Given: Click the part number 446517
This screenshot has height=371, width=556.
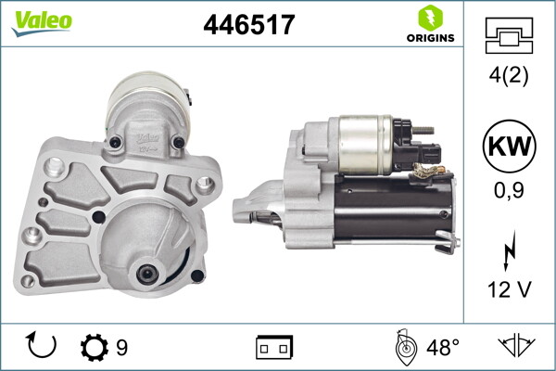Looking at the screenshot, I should click(248, 25).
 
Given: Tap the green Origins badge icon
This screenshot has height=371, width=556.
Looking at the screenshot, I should click(429, 18).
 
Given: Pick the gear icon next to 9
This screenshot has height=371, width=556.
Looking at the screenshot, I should click(95, 348).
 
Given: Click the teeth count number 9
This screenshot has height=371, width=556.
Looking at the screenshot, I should click(121, 349).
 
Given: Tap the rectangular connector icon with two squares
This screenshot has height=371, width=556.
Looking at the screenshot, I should click(274, 348).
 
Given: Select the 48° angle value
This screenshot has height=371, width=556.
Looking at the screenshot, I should click(442, 348).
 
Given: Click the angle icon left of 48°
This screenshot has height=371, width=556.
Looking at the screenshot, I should click(403, 347).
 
